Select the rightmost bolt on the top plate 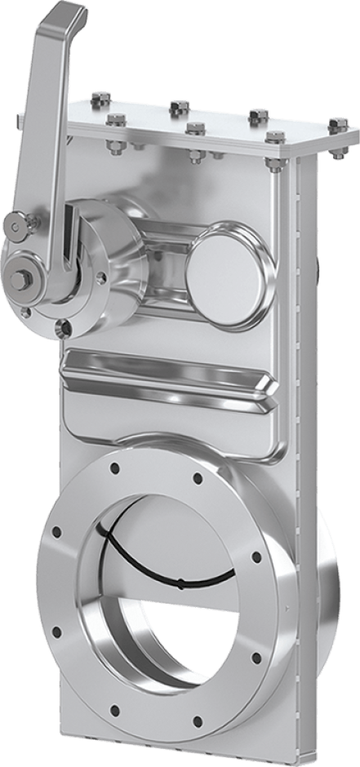coord(338,125)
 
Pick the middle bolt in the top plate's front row coord(193,128)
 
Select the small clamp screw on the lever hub coord(16,224)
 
